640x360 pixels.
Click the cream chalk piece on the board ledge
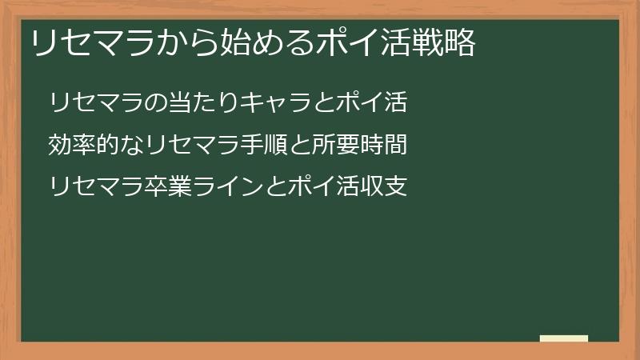click(564, 338)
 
